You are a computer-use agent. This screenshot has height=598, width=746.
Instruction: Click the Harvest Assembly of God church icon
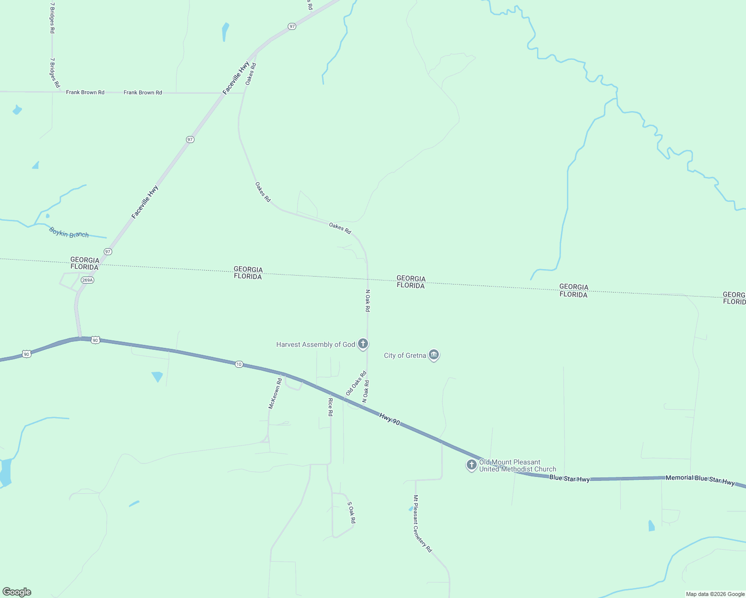363,344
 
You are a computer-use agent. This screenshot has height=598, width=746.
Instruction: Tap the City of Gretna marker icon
434,355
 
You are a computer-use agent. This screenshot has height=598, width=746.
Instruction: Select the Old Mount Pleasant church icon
471,465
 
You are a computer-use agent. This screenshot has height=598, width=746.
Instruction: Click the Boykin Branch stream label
69,232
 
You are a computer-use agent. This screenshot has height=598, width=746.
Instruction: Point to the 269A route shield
87,280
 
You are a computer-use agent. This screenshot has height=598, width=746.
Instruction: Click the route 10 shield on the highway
239,364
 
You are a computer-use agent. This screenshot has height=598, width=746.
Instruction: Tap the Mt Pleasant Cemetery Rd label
422,523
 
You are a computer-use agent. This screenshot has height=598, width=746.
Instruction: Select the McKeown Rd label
275,394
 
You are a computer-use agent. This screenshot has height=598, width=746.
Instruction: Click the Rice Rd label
330,407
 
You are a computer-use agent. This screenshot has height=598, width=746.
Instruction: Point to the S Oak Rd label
351,512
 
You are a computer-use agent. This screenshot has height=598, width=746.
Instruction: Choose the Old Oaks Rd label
356,383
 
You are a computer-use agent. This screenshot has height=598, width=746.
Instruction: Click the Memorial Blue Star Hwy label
700,480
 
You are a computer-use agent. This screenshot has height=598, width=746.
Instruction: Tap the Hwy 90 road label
389,419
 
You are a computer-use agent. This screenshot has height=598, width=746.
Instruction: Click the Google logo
17,592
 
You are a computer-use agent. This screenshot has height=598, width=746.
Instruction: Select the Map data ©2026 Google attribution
715,594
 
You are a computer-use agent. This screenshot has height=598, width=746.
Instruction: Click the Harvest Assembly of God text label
316,344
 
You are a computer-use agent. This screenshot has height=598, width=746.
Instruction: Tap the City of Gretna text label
405,355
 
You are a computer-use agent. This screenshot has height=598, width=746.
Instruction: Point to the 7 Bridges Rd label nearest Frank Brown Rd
54,73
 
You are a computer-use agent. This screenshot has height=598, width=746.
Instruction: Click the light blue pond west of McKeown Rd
157,376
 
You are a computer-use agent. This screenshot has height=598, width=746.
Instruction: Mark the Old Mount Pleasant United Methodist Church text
517,465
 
